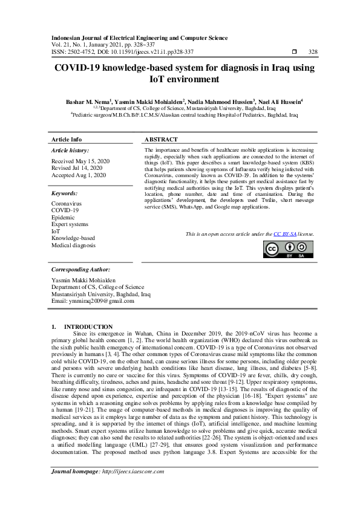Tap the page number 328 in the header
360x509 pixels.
313,51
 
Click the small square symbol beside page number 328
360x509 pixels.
294,51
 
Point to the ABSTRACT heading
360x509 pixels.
162,139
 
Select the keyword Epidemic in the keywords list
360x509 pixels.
63,218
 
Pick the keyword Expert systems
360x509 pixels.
70,224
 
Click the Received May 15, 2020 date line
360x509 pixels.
77,161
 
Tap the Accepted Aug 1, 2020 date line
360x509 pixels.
79,175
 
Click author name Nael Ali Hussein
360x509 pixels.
280,103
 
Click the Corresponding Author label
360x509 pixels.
80,269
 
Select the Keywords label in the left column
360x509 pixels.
65,193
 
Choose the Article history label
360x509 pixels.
70,150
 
